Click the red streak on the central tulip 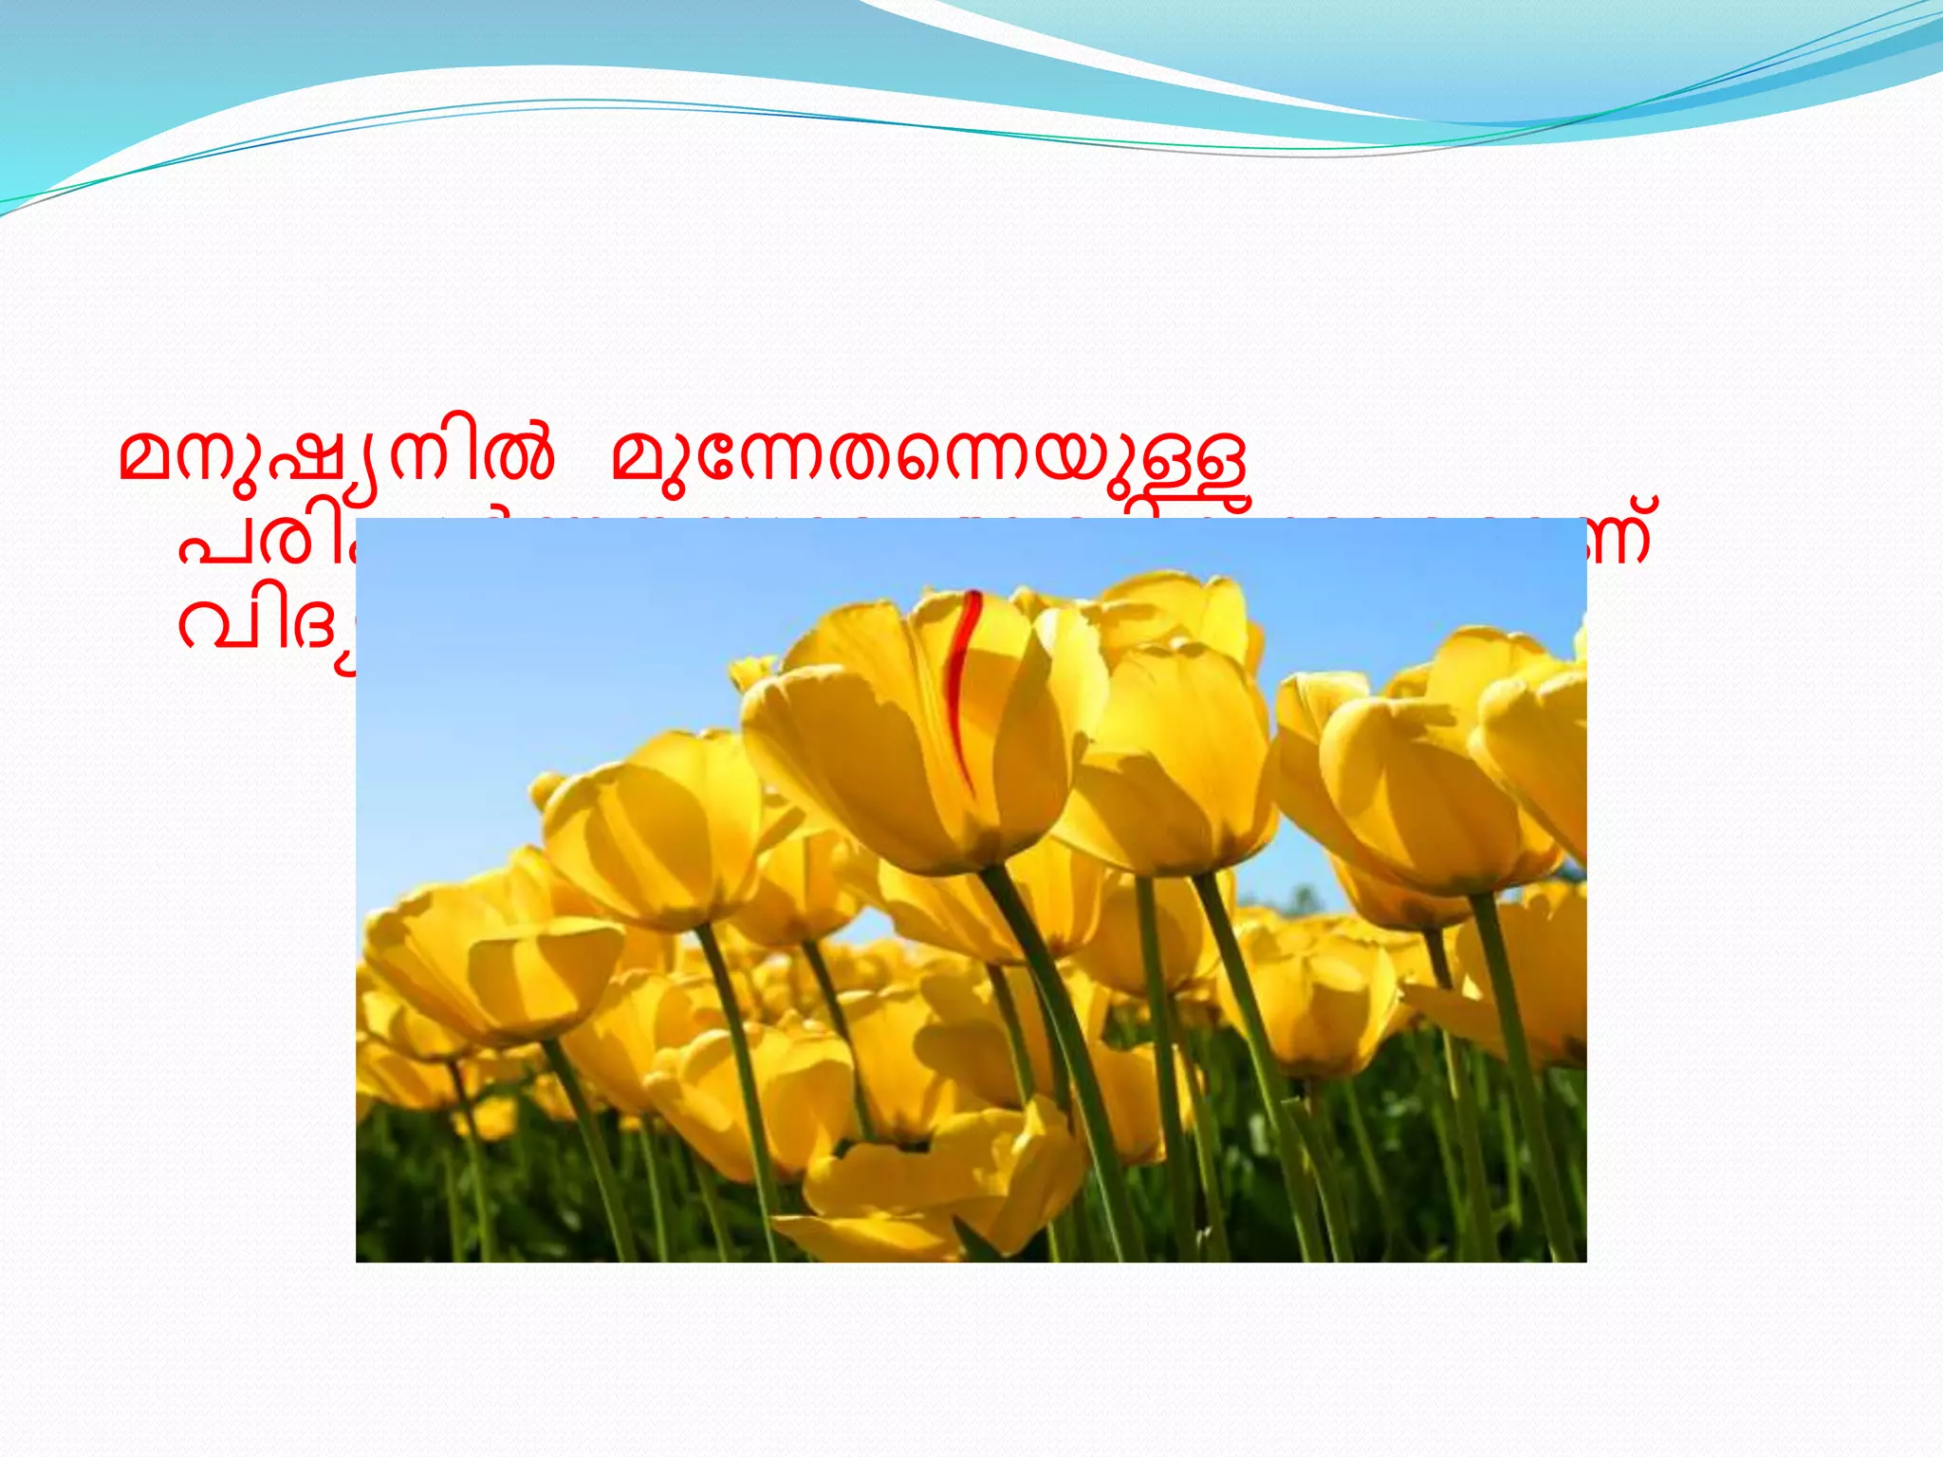point(963,683)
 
